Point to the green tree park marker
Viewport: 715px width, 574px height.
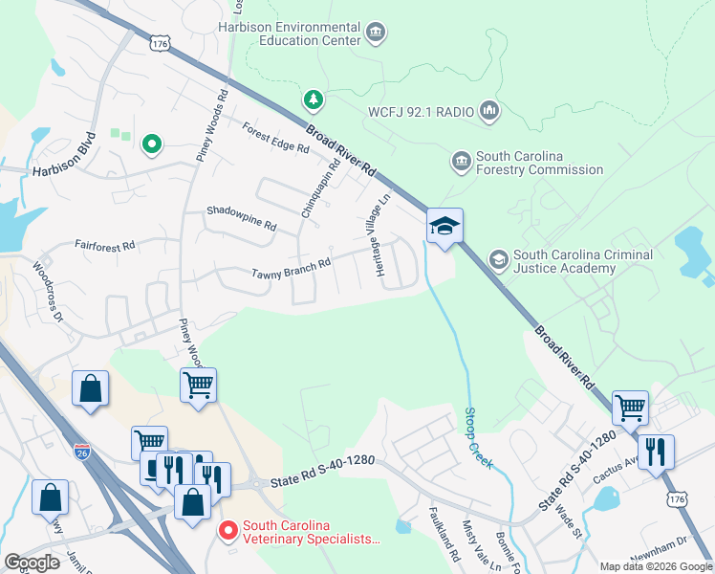tap(312, 99)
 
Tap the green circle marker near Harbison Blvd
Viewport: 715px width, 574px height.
tap(151, 144)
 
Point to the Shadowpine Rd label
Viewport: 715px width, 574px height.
tap(241, 219)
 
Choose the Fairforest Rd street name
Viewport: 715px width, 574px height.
tap(104, 246)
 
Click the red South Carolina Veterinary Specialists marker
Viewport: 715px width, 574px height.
tap(228, 529)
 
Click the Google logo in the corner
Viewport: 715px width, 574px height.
tap(32, 563)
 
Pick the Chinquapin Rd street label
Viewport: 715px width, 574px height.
tap(321, 188)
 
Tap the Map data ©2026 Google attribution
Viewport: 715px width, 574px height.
tap(656, 566)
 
